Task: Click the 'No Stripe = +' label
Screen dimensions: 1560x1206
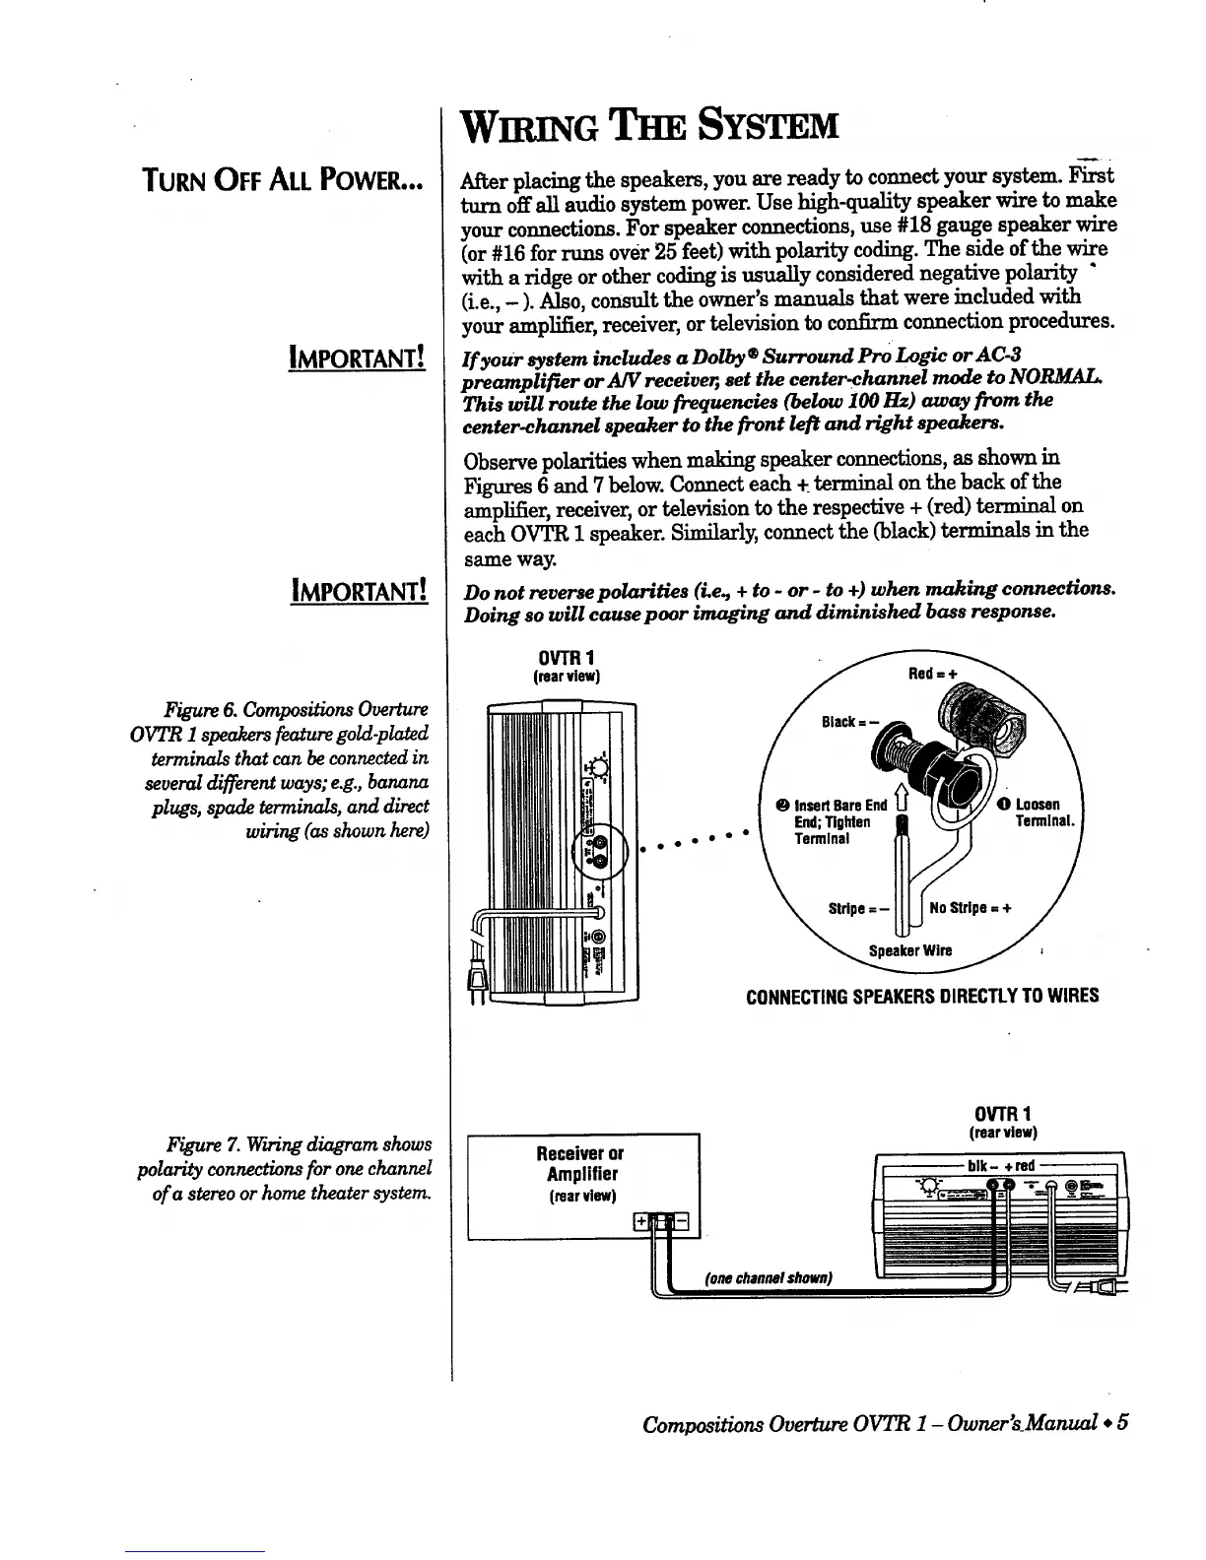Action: [x=971, y=908]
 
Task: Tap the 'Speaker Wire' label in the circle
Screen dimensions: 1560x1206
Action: [x=910, y=951]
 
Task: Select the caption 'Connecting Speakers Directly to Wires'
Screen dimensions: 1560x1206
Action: [x=921, y=996]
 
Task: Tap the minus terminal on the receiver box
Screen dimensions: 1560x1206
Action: [x=688, y=1223]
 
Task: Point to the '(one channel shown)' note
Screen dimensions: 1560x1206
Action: [x=770, y=1278]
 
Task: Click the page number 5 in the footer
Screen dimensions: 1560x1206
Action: [x=1122, y=1424]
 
